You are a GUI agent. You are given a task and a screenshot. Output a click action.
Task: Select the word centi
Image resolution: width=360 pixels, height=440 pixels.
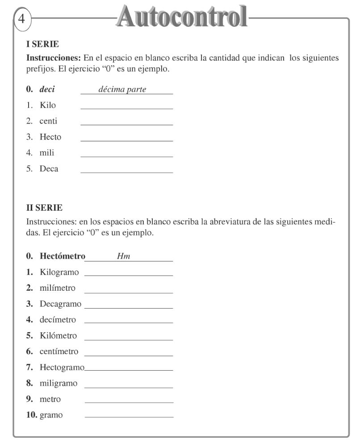point(48,121)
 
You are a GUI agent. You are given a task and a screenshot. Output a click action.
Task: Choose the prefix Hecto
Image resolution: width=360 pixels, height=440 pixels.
point(50,137)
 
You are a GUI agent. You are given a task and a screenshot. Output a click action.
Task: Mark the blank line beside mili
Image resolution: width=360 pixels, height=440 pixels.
point(126,157)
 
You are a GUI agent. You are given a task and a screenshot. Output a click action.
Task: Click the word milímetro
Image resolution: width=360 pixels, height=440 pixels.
point(57,287)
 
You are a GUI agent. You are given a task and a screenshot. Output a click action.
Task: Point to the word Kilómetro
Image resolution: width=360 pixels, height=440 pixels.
point(58,335)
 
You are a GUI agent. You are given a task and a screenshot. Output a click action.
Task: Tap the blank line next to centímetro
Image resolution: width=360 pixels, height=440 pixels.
point(128,356)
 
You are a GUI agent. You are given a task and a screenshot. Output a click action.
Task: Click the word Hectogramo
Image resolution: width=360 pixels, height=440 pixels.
point(62,367)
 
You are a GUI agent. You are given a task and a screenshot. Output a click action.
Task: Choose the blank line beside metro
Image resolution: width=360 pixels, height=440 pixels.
point(128,402)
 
